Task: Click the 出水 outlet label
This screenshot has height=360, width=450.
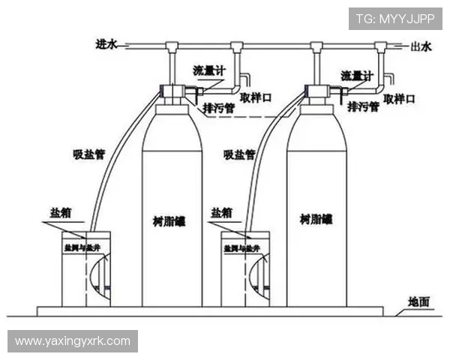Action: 421,46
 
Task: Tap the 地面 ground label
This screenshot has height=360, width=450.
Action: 418,302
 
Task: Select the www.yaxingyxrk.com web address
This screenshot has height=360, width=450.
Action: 72,341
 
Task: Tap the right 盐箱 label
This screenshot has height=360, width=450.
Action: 222,213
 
